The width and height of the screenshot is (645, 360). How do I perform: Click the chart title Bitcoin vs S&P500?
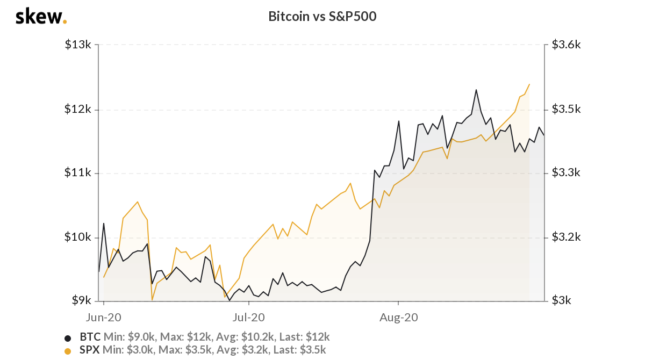(322, 17)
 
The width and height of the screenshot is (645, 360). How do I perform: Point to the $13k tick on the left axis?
(78, 46)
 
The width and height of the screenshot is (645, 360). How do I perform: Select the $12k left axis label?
(78, 110)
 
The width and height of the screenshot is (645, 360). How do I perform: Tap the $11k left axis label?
(78, 173)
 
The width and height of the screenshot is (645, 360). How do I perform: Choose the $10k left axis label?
(78, 237)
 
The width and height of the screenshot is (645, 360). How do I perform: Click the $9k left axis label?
(81, 301)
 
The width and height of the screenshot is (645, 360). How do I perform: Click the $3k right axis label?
(561, 301)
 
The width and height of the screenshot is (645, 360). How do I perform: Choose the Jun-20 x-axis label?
(104, 317)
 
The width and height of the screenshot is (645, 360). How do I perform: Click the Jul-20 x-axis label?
(249, 317)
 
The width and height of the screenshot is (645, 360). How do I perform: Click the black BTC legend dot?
(68, 338)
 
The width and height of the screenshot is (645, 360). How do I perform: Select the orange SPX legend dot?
(68, 351)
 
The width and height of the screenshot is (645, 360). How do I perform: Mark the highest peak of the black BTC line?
(476, 90)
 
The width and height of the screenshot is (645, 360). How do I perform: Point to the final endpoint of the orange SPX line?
(529, 84)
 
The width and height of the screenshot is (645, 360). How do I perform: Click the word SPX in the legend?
(89, 350)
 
